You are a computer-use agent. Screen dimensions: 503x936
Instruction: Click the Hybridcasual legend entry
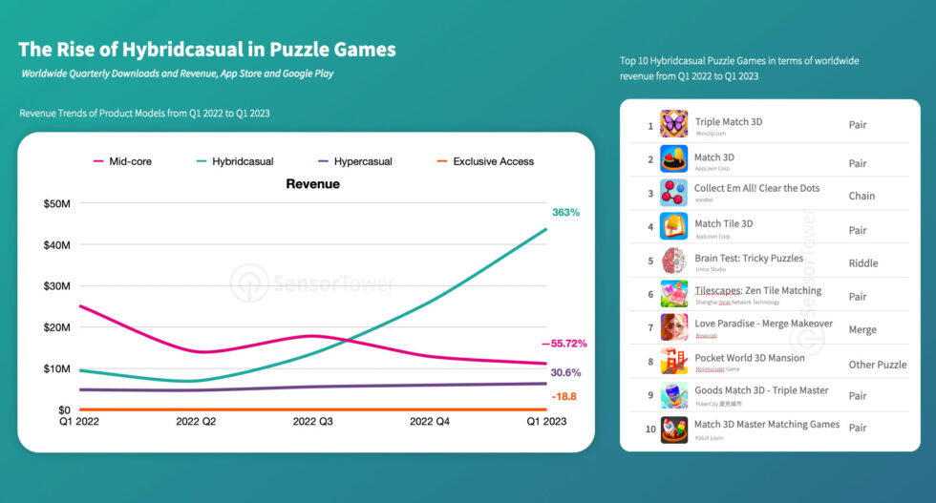(x=233, y=161)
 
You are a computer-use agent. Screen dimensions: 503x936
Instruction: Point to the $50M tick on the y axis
(x=55, y=203)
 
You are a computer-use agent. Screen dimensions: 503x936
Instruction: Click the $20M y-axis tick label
(x=55, y=327)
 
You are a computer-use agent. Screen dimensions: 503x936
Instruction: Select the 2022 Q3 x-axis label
(x=312, y=421)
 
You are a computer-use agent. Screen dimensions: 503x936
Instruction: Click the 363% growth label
(x=565, y=212)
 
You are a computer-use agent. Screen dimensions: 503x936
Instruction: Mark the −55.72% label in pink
(x=564, y=344)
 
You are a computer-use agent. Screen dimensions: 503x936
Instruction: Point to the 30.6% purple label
(x=565, y=372)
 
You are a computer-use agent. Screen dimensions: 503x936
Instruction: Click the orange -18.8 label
(x=564, y=396)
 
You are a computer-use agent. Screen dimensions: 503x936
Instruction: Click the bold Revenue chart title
(x=312, y=184)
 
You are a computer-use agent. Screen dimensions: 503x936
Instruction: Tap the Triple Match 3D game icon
(x=673, y=124)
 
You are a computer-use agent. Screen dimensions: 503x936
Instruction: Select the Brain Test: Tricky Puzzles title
(x=749, y=259)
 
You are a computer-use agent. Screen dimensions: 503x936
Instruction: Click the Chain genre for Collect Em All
(x=862, y=196)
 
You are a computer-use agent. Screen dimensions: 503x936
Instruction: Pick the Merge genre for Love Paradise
(x=863, y=329)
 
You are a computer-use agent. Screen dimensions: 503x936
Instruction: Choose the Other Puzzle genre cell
(x=877, y=365)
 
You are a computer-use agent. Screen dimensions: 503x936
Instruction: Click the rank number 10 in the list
(x=650, y=429)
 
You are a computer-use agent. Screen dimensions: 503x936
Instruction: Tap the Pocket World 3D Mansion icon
(x=673, y=363)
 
